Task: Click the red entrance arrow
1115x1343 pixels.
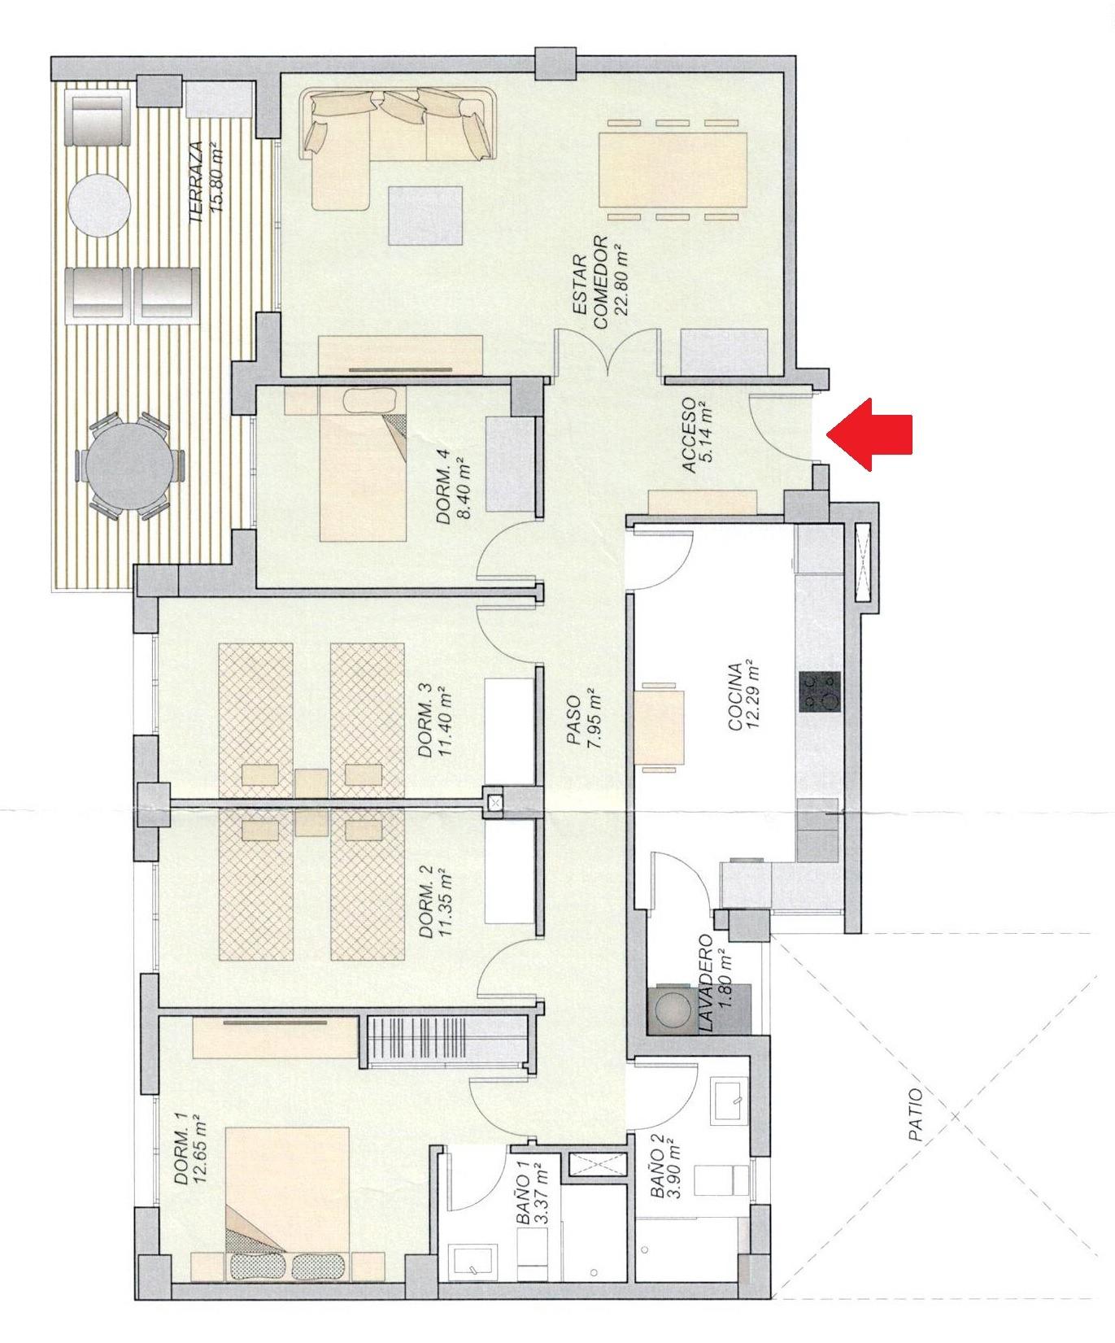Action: (x=869, y=434)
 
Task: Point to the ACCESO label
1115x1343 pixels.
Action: (x=689, y=435)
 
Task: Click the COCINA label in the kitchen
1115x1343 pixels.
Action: (x=735, y=696)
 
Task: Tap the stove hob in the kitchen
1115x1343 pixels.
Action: (x=820, y=692)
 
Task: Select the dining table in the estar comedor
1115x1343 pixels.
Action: (x=673, y=170)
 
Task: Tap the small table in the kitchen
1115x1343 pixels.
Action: (x=659, y=726)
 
